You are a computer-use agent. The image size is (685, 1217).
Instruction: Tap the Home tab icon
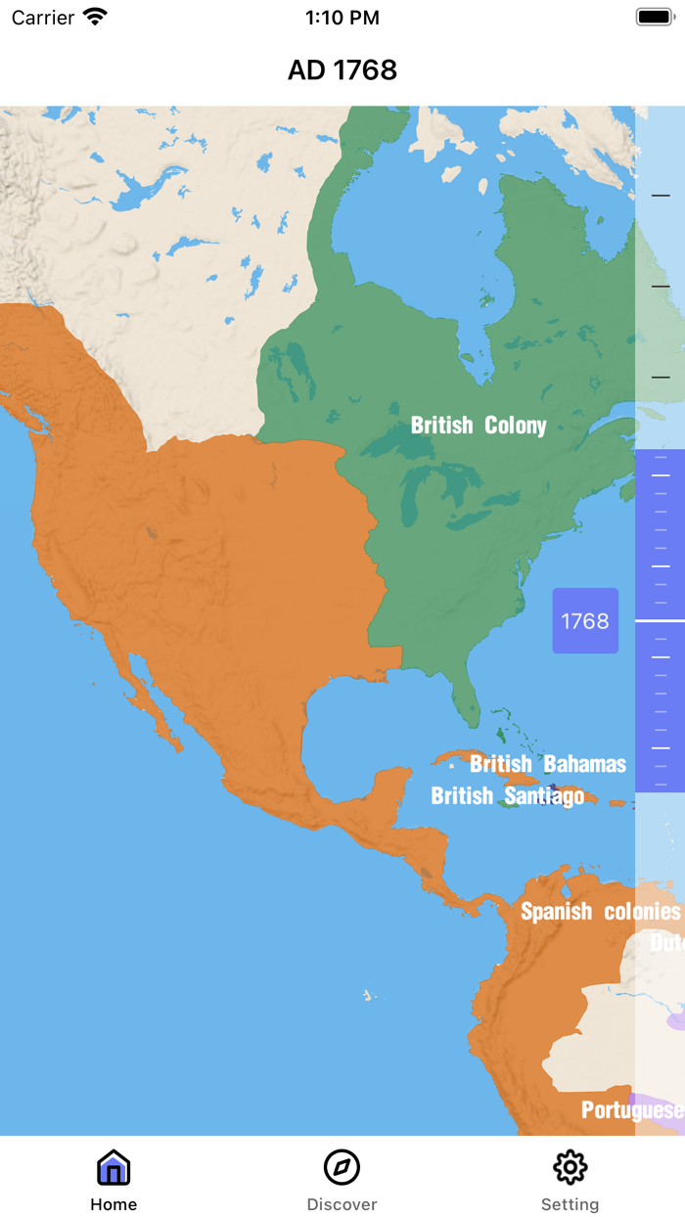click(x=114, y=1167)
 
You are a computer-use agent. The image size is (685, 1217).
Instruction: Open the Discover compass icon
click(x=342, y=1167)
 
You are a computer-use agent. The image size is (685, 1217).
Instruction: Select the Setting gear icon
click(x=570, y=1167)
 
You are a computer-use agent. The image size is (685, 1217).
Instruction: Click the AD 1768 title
click(x=342, y=70)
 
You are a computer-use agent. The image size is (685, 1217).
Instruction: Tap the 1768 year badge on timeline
click(x=585, y=621)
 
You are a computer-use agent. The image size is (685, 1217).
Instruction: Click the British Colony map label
click(x=479, y=426)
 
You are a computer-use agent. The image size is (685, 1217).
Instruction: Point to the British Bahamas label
click(x=548, y=764)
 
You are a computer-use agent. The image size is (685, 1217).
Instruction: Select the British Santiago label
click(x=507, y=796)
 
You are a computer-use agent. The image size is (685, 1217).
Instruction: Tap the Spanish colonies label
click(x=600, y=912)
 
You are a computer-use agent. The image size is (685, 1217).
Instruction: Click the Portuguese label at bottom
click(x=631, y=1109)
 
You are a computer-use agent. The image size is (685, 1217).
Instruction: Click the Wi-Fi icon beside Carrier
click(x=95, y=17)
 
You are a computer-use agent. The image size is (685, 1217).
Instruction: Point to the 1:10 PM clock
click(x=342, y=18)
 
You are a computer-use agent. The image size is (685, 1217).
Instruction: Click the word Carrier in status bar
click(x=42, y=18)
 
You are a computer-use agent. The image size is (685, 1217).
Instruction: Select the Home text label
click(x=114, y=1204)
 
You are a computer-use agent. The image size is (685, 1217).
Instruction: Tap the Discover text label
click(x=342, y=1204)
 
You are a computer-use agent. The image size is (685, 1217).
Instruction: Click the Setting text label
click(x=570, y=1204)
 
